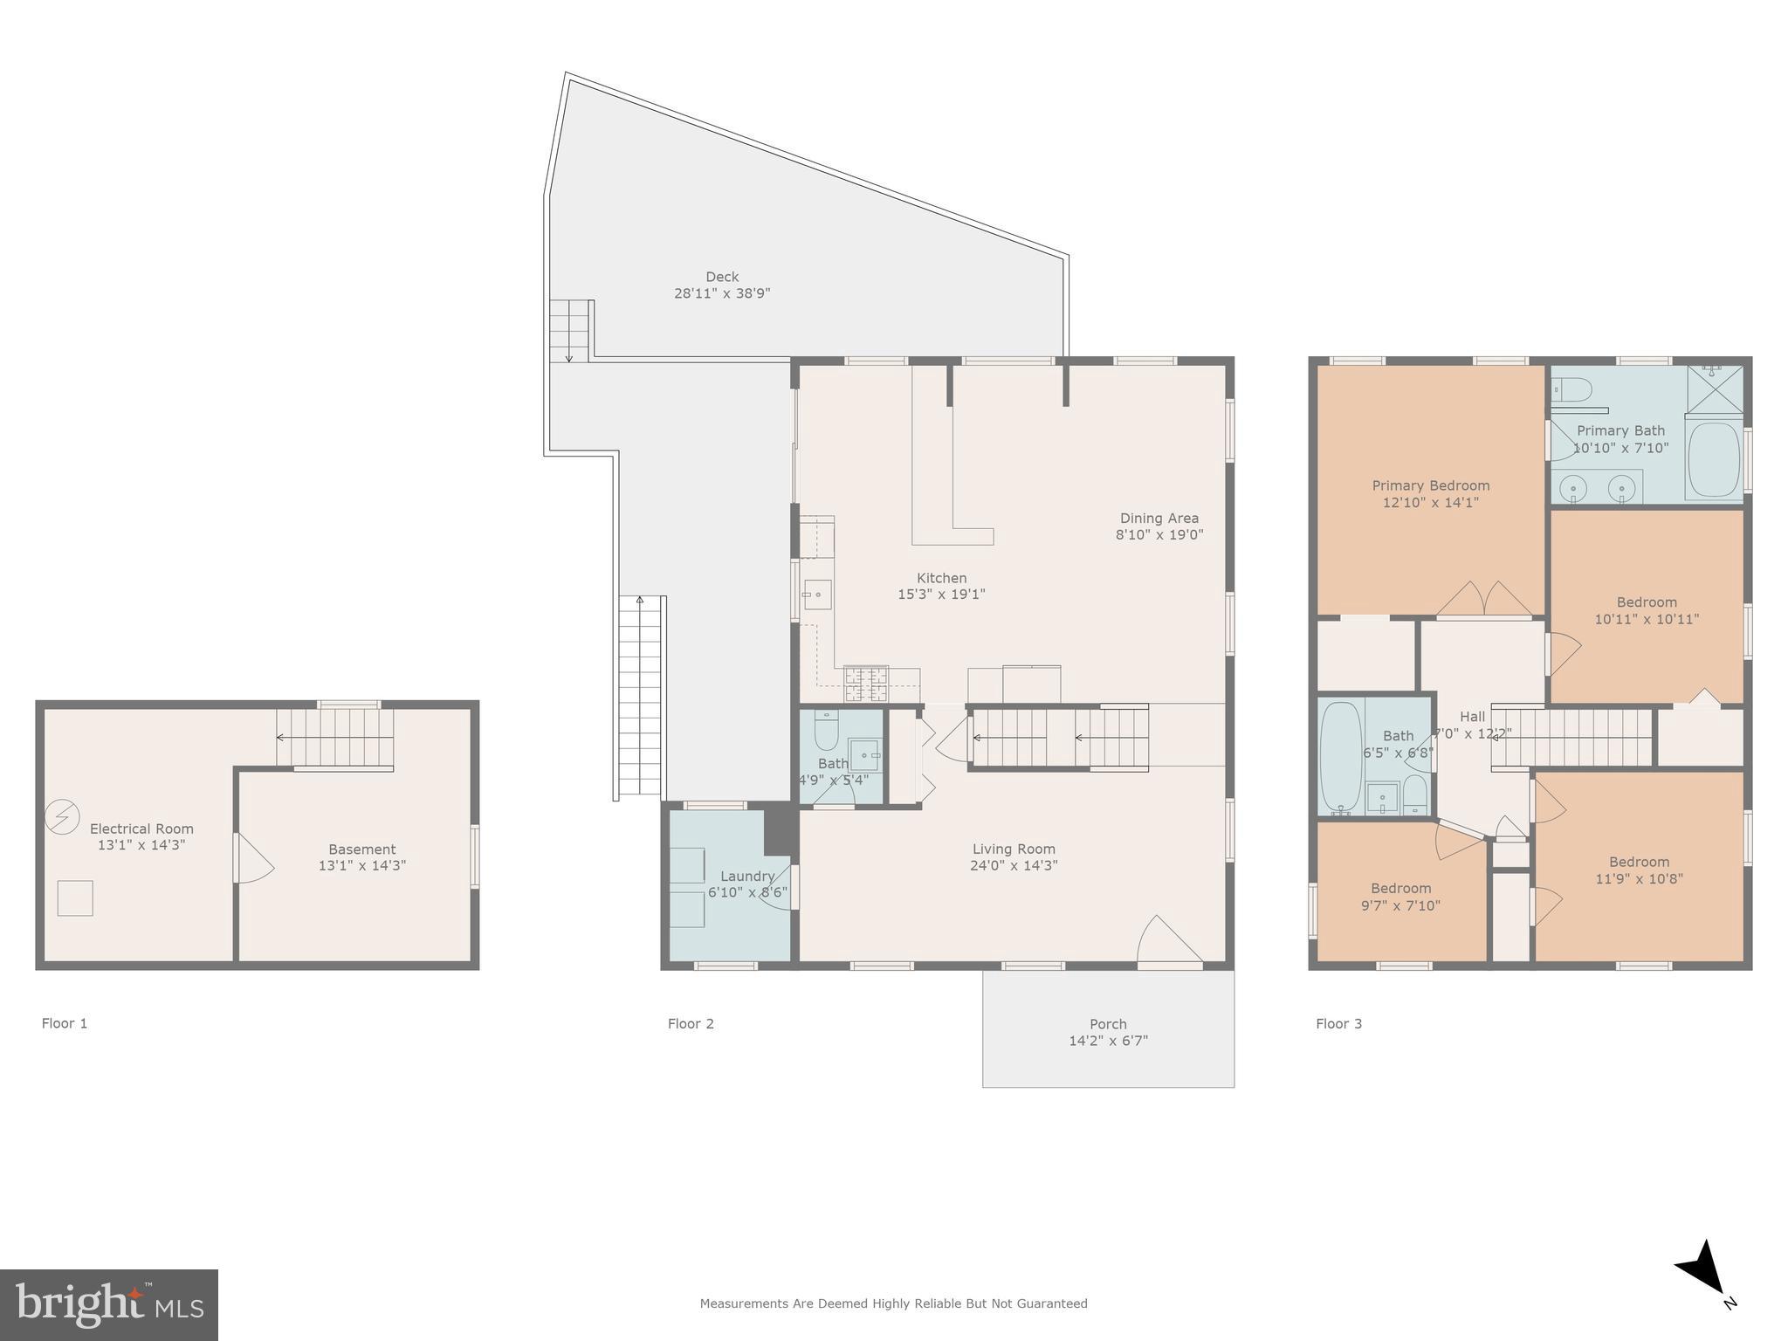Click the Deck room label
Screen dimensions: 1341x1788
(x=722, y=277)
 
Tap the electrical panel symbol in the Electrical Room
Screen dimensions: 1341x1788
(x=62, y=816)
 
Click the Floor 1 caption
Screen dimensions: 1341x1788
(x=65, y=1023)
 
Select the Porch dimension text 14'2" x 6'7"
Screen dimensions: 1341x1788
(x=1108, y=1041)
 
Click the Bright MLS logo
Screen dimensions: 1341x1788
(x=109, y=1304)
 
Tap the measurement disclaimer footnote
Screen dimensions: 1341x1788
(x=893, y=1303)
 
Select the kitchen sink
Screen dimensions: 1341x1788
(x=817, y=595)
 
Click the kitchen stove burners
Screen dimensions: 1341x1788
(x=865, y=684)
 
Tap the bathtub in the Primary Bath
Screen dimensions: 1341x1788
(x=1714, y=459)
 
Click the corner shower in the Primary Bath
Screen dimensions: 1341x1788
(x=1715, y=389)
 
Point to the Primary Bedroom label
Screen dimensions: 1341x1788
(x=1430, y=485)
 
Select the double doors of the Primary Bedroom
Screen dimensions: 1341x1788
(x=1484, y=601)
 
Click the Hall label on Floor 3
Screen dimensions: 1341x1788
(x=1472, y=717)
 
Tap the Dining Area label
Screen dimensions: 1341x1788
(x=1159, y=518)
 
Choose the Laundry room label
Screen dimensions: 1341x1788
(x=747, y=877)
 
